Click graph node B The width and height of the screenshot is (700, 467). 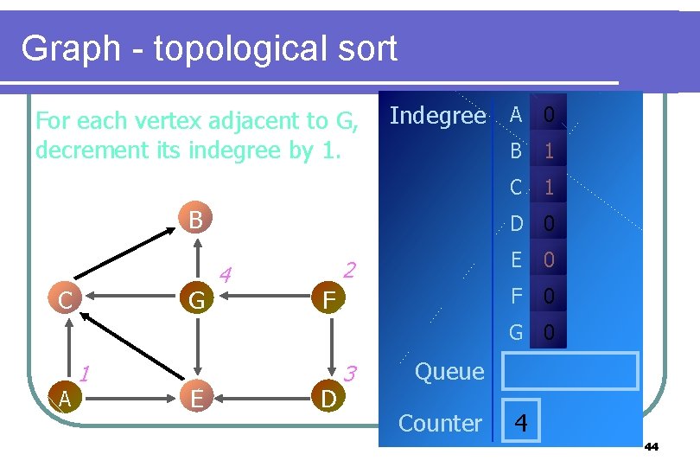click(195, 219)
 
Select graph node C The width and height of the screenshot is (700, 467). click(65, 300)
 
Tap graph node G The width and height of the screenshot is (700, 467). click(197, 300)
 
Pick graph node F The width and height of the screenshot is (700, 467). click(328, 300)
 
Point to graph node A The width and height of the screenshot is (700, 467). click(65, 398)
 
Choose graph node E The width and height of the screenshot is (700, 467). click(197, 398)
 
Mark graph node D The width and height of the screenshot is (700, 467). click(328, 398)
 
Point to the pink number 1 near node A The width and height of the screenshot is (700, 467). click(85, 374)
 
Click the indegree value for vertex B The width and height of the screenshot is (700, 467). click(548, 151)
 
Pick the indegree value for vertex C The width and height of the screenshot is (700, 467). click(548, 188)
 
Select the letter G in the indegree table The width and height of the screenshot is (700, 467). click(516, 331)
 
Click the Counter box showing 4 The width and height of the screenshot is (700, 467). click(520, 423)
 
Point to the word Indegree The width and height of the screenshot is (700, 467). click(437, 116)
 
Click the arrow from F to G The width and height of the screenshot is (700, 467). click(263, 300)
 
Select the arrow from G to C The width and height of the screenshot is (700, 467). click(130, 300)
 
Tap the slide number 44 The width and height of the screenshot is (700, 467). click(652, 447)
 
